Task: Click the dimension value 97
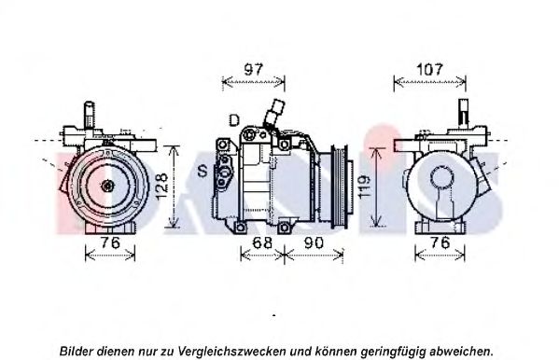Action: [254, 69]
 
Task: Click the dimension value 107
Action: [429, 69]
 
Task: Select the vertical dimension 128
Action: [161, 186]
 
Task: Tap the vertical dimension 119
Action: [366, 187]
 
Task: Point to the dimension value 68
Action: [262, 242]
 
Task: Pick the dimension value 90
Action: [314, 242]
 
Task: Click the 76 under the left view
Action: [110, 242]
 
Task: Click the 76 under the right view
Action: [440, 242]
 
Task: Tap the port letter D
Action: [234, 120]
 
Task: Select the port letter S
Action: [203, 171]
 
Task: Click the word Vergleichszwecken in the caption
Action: [231, 351]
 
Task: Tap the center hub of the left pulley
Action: [107, 186]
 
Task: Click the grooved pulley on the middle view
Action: [340, 187]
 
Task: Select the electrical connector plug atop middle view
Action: [276, 108]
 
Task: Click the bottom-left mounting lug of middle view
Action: [240, 228]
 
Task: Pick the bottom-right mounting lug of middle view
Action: [284, 228]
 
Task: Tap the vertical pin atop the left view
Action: [90, 115]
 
